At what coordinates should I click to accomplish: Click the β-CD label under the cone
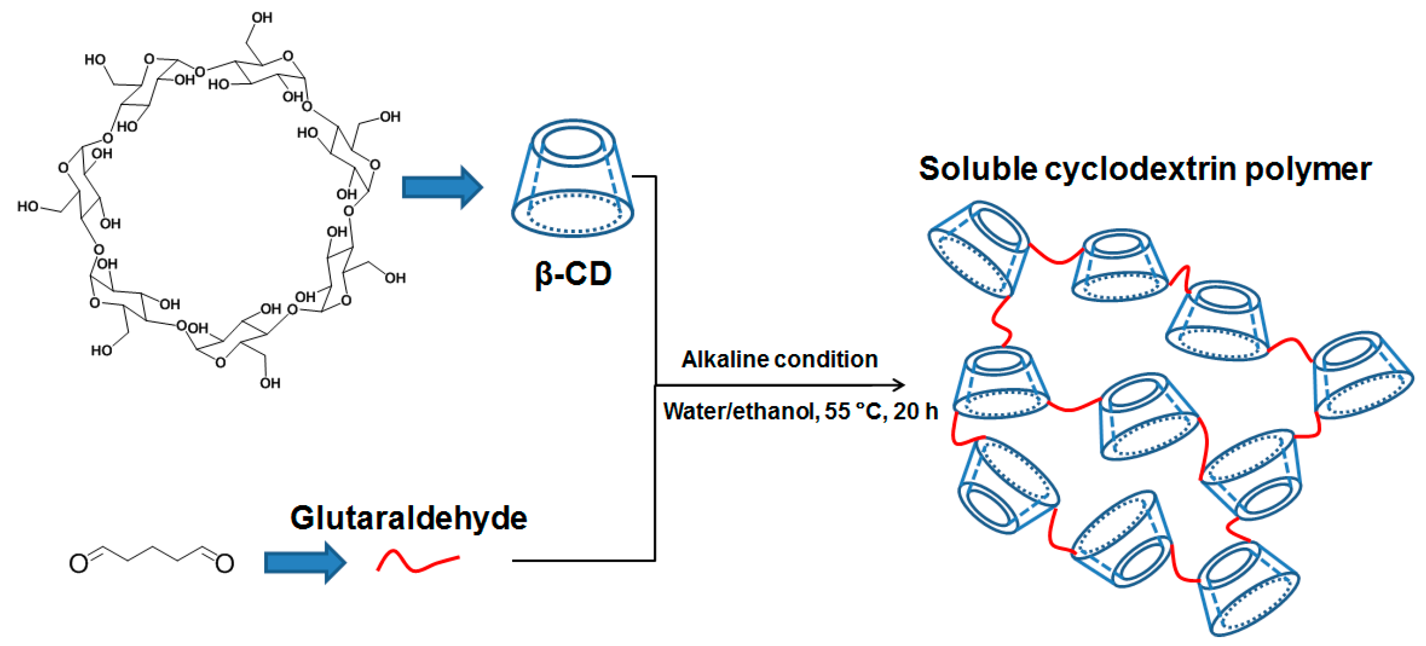(573, 275)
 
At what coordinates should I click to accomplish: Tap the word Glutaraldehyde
(409, 518)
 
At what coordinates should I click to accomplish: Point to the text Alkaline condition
(779, 360)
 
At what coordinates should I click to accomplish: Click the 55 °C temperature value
(854, 412)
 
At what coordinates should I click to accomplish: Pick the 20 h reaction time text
(915, 412)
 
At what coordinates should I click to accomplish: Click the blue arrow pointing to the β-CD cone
(442, 187)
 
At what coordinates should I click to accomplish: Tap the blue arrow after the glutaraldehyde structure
(305, 563)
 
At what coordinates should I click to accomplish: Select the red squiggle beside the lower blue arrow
(417, 561)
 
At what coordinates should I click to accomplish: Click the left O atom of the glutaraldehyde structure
(78, 564)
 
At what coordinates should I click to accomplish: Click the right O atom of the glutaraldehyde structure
(224, 564)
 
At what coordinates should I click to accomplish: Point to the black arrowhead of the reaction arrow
(898, 385)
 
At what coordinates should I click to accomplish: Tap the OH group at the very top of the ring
(261, 18)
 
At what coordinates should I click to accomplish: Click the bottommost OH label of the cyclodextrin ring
(270, 383)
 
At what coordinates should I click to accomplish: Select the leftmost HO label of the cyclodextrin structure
(28, 206)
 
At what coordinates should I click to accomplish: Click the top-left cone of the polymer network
(978, 249)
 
